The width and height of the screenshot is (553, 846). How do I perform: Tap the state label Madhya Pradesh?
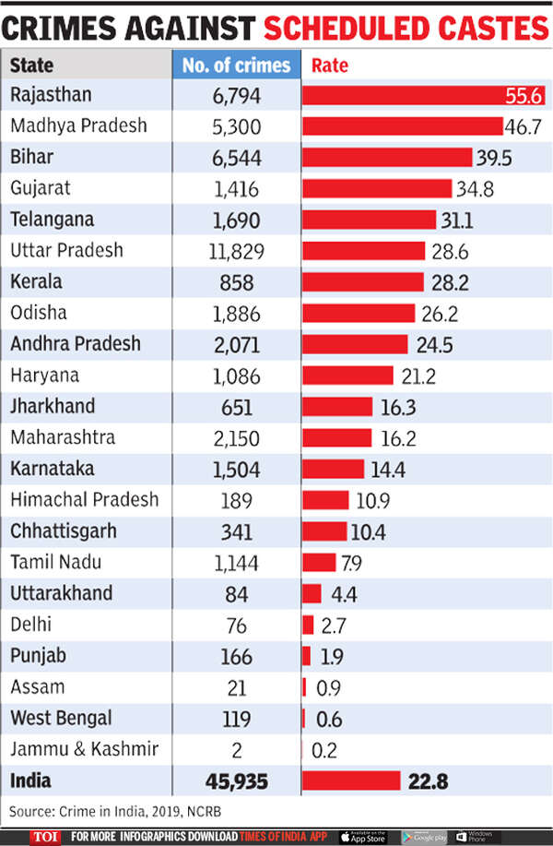coord(78,125)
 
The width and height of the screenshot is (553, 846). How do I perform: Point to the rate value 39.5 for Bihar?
coord(493,158)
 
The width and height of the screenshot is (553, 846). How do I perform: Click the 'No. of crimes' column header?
coord(236,66)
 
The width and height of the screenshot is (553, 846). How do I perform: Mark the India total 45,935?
coord(236,782)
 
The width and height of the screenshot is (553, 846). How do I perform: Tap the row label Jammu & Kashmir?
coord(84,749)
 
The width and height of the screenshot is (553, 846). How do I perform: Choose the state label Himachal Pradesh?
coord(84,500)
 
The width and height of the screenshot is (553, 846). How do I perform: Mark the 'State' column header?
coord(32,66)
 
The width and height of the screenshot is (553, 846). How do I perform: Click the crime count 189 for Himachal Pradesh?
coord(236,500)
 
